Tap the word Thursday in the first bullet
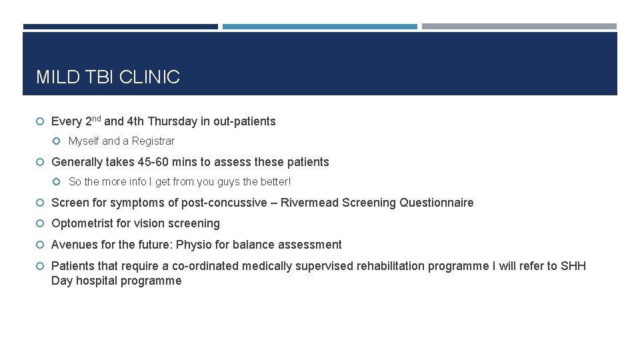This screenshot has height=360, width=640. click(x=172, y=121)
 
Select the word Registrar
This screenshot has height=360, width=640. click(x=153, y=141)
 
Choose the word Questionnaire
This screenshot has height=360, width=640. click(x=436, y=203)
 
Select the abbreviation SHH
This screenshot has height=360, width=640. click(x=573, y=266)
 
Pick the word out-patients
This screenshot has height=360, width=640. click(x=244, y=121)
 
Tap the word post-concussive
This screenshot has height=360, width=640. click(x=224, y=203)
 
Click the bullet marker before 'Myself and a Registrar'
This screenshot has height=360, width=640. click(x=58, y=141)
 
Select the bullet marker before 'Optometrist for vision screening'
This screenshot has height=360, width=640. click(x=41, y=223)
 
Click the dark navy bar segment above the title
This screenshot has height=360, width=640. click(x=120, y=27)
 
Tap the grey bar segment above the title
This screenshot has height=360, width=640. click(x=519, y=27)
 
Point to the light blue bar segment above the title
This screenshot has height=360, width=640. click(x=319, y=27)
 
